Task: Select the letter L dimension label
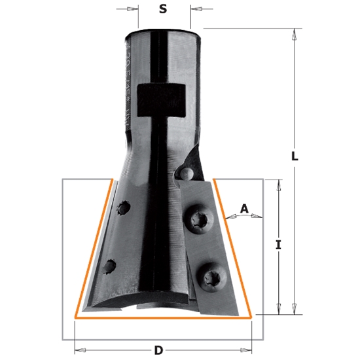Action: tap(295, 157)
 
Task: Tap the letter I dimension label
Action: tap(278, 245)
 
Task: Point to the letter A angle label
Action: tap(244, 209)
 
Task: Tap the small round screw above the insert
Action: tap(185, 173)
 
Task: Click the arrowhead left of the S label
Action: tap(134, 9)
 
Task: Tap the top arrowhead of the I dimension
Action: tap(278, 184)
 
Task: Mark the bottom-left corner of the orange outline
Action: tap(77, 316)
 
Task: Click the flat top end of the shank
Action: tap(164, 29)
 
